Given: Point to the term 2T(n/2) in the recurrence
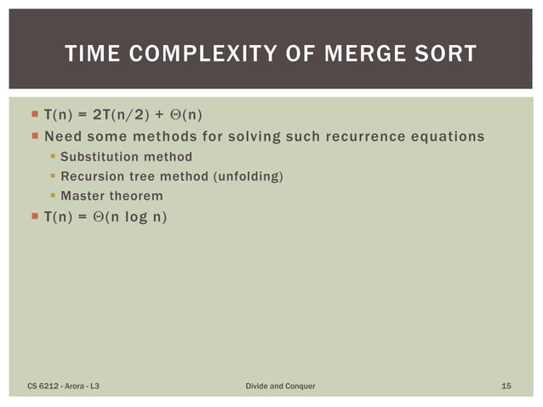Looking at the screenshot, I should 119,115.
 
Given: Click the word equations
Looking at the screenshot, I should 449,136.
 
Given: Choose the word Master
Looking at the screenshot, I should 83,197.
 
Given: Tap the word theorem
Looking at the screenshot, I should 136,197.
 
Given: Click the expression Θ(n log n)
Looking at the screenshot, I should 130,217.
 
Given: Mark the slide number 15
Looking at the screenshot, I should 506,387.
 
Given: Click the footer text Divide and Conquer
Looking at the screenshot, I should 280,387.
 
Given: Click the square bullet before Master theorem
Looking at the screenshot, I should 53,197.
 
